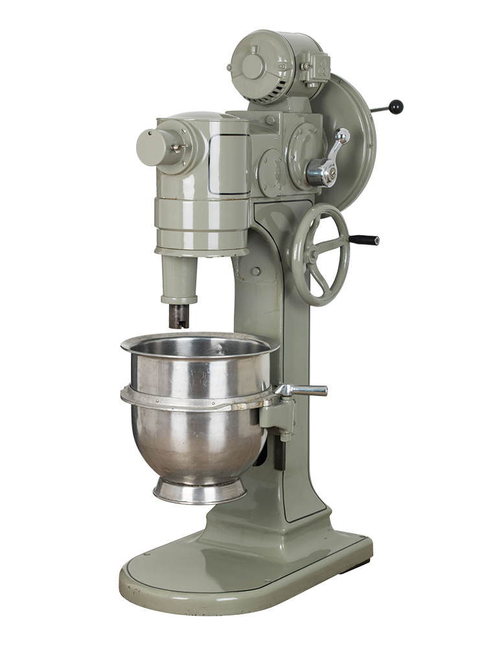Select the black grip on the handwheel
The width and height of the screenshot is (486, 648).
[365, 240]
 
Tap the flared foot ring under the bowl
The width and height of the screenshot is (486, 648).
[199, 491]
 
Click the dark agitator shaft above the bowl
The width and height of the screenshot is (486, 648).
[179, 316]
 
